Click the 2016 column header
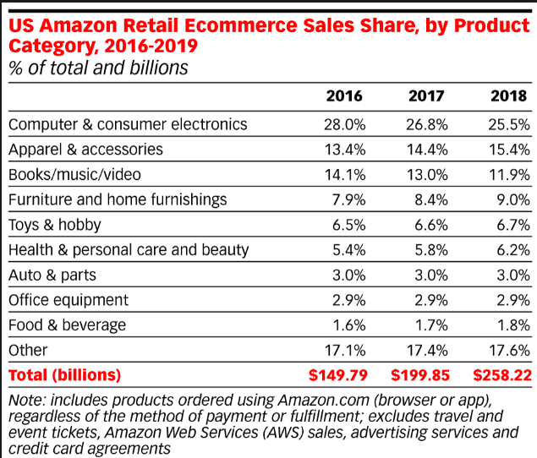[x=344, y=95]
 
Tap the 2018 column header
[x=508, y=95]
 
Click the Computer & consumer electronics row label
[x=128, y=124]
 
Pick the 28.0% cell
[x=345, y=124]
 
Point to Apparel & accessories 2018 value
[x=510, y=150]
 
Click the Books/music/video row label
[x=75, y=175]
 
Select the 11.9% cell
[x=510, y=175]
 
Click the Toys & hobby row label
[x=55, y=226]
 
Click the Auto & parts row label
[x=52, y=275]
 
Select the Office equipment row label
[x=68, y=300]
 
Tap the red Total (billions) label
[x=65, y=374]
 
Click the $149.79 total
[x=335, y=374]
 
